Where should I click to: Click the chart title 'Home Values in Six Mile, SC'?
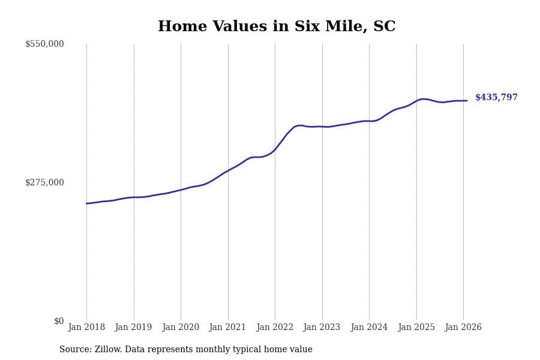(277, 27)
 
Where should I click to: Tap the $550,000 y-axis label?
(44, 44)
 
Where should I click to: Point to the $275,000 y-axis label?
(44, 182)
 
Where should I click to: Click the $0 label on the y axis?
(59, 321)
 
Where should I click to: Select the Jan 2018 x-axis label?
(86, 328)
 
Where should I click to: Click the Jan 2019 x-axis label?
(133, 328)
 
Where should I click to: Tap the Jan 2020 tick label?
(181, 328)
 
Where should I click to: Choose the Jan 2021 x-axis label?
(227, 328)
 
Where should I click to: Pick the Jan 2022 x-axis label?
(275, 328)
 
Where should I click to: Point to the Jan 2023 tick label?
(322, 328)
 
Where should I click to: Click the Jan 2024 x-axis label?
(369, 328)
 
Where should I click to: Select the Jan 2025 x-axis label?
(416, 328)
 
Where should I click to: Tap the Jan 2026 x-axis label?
(463, 328)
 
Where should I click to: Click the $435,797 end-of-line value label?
(496, 98)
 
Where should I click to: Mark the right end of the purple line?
(467, 101)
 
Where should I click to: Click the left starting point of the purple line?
(86, 203)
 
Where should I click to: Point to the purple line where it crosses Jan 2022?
(275, 149)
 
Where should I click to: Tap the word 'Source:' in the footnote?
(76, 350)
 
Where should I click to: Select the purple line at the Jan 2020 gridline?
(181, 190)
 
